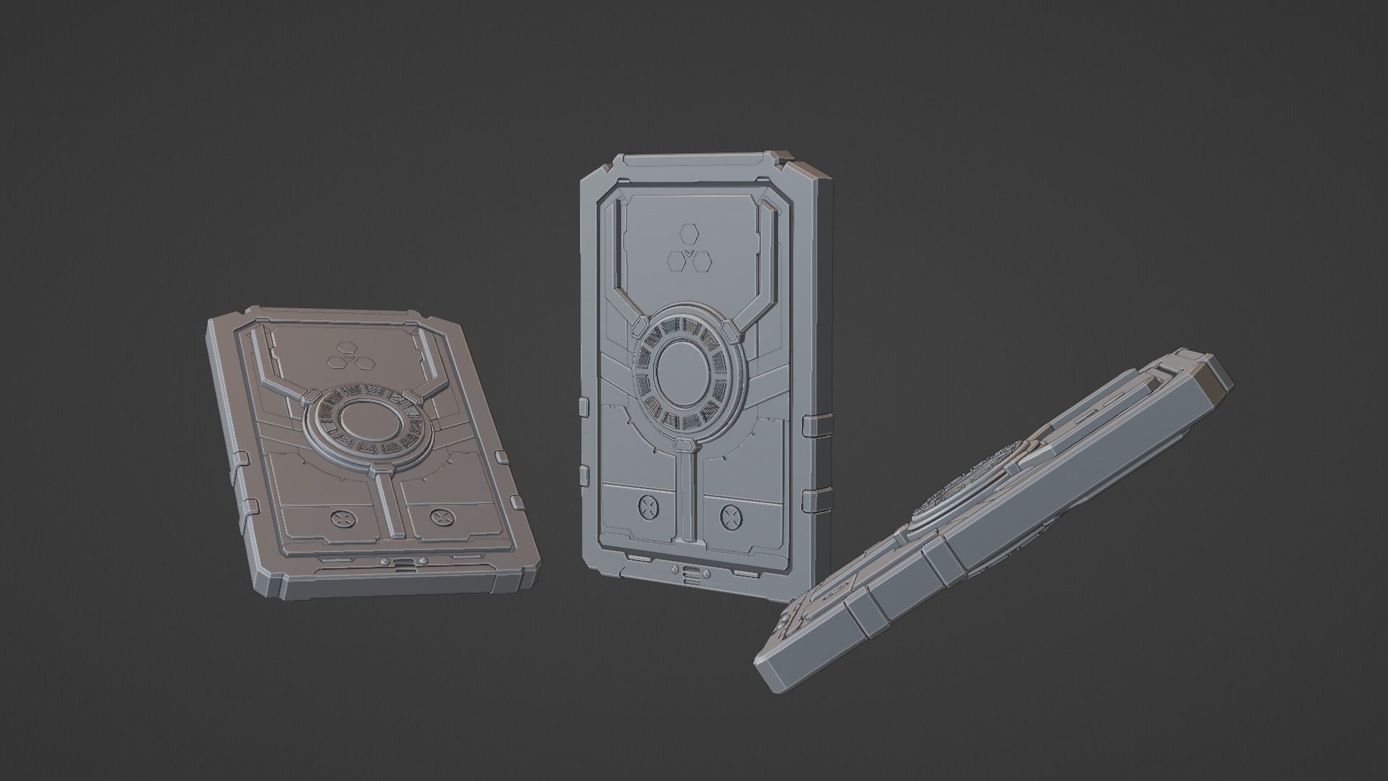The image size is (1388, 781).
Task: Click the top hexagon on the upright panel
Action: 687,234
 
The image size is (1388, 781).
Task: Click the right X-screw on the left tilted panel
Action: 439,516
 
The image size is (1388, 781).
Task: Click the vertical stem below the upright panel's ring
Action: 685,499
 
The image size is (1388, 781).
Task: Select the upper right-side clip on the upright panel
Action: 813,426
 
